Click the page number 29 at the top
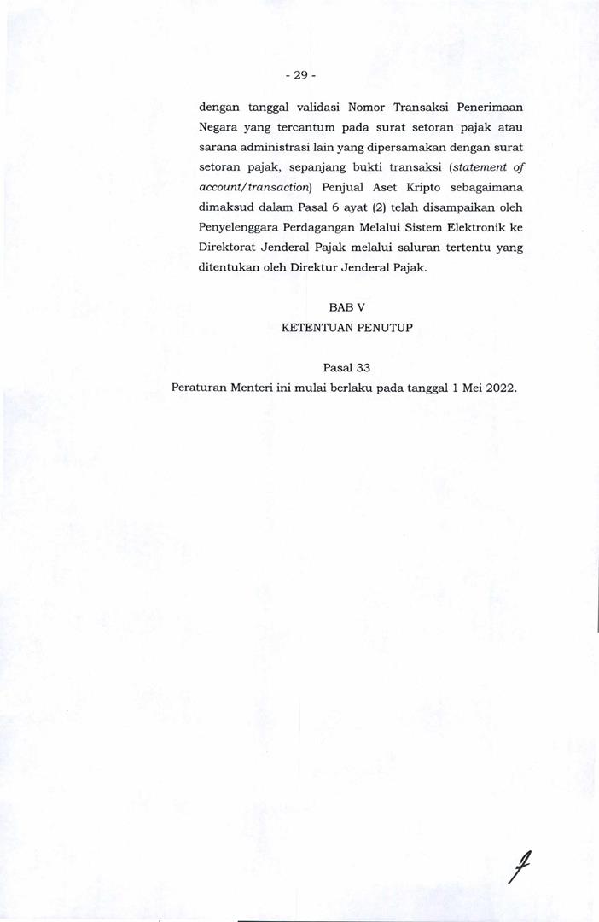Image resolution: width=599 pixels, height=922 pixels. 299,75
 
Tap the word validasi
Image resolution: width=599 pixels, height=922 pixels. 312,108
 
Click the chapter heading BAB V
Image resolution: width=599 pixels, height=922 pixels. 346,306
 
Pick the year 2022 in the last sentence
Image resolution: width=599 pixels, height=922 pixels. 501,387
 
